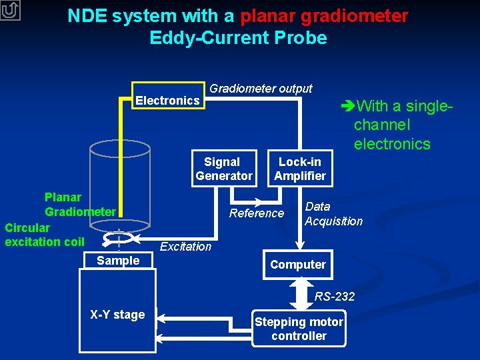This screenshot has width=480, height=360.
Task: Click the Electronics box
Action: point(168,100)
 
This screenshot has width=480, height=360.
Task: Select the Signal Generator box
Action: point(223,169)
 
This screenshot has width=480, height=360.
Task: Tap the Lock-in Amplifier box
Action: point(299,169)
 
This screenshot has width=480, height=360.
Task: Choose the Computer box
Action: point(298,265)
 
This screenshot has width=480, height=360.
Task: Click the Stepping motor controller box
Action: point(299,329)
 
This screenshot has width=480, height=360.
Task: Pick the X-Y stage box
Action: point(117,315)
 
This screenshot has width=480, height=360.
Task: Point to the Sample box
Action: point(118,261)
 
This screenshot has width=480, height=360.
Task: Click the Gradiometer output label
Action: point(261,89)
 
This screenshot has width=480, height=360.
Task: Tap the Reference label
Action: point(256,213)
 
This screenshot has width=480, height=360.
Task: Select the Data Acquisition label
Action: point(333,214)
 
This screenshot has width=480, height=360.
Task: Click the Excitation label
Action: point(185,247)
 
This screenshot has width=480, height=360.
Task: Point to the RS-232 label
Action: point(335,297)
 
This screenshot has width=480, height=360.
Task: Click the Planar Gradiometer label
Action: point(79,205)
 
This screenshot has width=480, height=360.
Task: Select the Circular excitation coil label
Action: point(44,235)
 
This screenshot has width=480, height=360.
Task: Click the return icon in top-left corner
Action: point(11,11)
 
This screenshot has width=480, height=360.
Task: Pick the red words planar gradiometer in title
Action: point(324,16)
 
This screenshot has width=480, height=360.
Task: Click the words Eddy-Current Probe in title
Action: point(238,38)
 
